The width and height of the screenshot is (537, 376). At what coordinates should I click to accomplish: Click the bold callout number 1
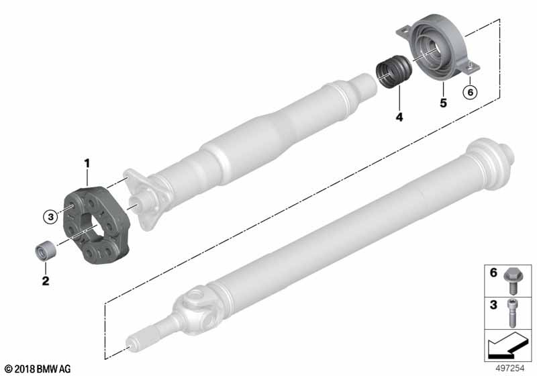tap(87, 163)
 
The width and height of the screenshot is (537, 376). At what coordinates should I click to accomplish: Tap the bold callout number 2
tap(46, 281)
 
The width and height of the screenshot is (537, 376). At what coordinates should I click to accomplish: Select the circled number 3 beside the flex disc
tap(51, 216)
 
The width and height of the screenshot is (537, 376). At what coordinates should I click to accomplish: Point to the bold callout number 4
tap(399, 117)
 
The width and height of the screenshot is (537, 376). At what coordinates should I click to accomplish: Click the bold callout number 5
tap(443, 103)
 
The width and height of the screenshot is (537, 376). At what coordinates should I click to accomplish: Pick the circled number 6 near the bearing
tap(471, 92)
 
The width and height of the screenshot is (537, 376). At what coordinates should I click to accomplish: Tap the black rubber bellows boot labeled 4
tap(393, 72)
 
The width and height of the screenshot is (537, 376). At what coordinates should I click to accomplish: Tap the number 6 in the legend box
tap(493, 273)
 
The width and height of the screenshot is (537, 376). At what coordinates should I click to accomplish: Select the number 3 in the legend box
tap(493, 304)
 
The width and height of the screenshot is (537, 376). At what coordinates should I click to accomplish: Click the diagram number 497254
tap(510, 369)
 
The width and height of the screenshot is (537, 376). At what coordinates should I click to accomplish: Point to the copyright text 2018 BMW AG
tap(37, 369)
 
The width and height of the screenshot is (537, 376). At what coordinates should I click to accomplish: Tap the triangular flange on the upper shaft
tap(146, 199)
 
